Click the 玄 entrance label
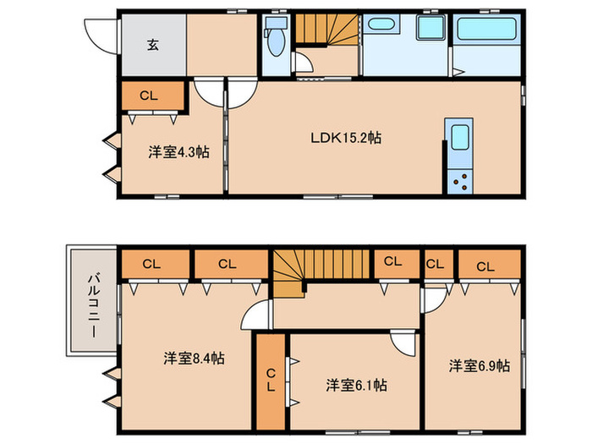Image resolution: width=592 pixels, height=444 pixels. pyautogui.click(x=153, y=46)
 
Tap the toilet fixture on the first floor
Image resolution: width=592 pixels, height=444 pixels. pyautogui.click(x=276, y=39)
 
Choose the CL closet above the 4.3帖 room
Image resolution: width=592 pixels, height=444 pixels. pyautogui.click(x=150, y=96)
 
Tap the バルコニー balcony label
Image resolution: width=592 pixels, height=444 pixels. pyautogui.click(x=91, y=302)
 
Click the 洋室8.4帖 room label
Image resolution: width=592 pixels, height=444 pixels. pyautogui.click(x=194, y=358)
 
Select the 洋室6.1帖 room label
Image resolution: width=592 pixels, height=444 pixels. pyautogui.click(x=356, y=385)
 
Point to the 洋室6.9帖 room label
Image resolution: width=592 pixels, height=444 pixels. pyautogui.click(x=479, y=365)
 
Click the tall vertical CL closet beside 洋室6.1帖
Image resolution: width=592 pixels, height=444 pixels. pyautogui.click(x=271, y=381)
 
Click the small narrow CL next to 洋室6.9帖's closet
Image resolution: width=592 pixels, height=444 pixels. pyautogui.click(x=435, y=266)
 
